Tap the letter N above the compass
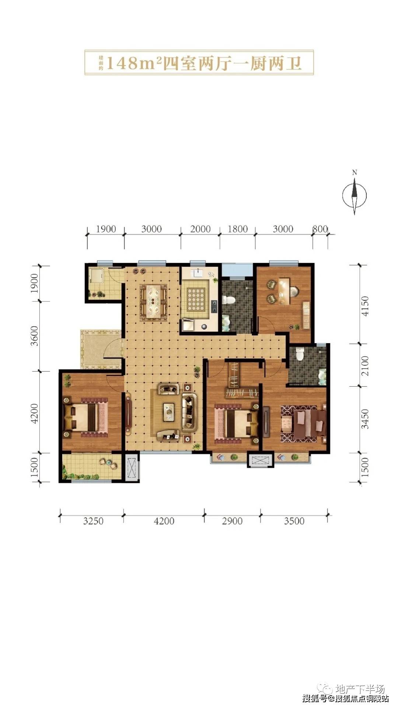click(355, 173)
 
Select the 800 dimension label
click(320, 229)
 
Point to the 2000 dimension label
click(200, 229)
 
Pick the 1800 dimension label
click(238, 229)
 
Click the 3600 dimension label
click(34, 335)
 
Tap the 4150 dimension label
click(365, 306)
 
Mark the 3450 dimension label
click(365, 419)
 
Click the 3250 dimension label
click(93, 521)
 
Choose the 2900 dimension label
click(232, 521)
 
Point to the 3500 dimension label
click(294, 521)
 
